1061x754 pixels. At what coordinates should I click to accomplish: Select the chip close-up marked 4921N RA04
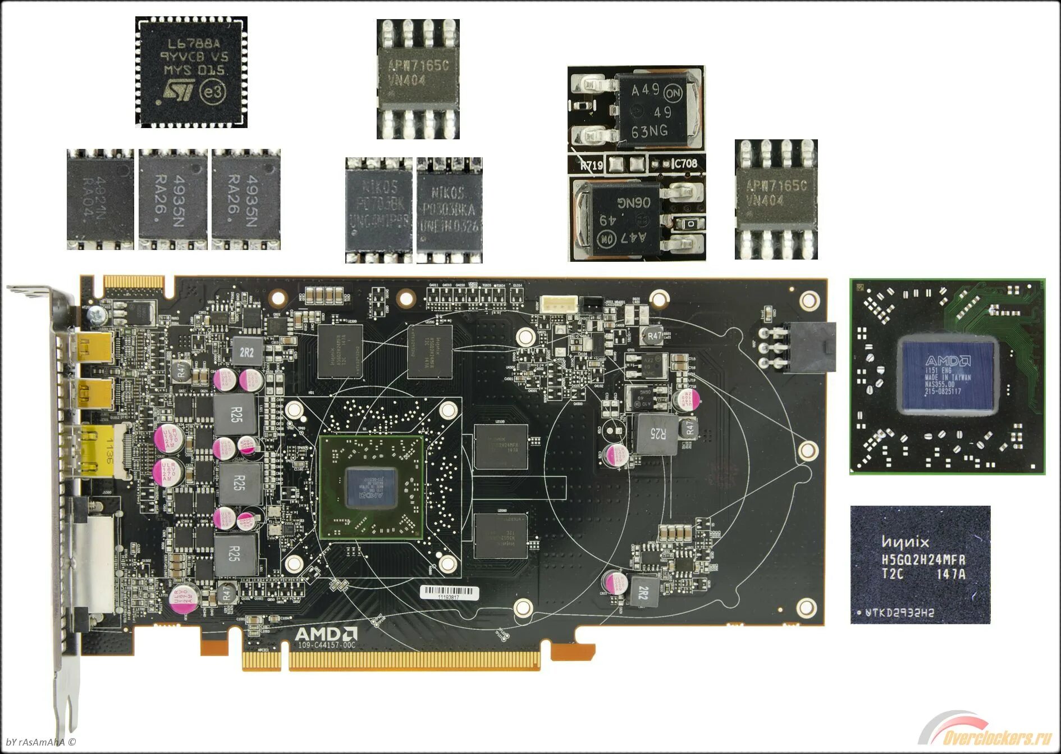[x=100, y=199]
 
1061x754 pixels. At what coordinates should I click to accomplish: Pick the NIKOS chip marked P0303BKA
[x=449, y=210]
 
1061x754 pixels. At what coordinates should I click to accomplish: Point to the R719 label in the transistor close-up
[x=591, y=165]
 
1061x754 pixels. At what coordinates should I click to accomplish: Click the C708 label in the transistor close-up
[x=685, y=163]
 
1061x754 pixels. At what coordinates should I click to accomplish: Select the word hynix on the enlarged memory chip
[x=905, y=542]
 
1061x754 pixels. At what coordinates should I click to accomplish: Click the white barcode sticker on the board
[x=450, y=593]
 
